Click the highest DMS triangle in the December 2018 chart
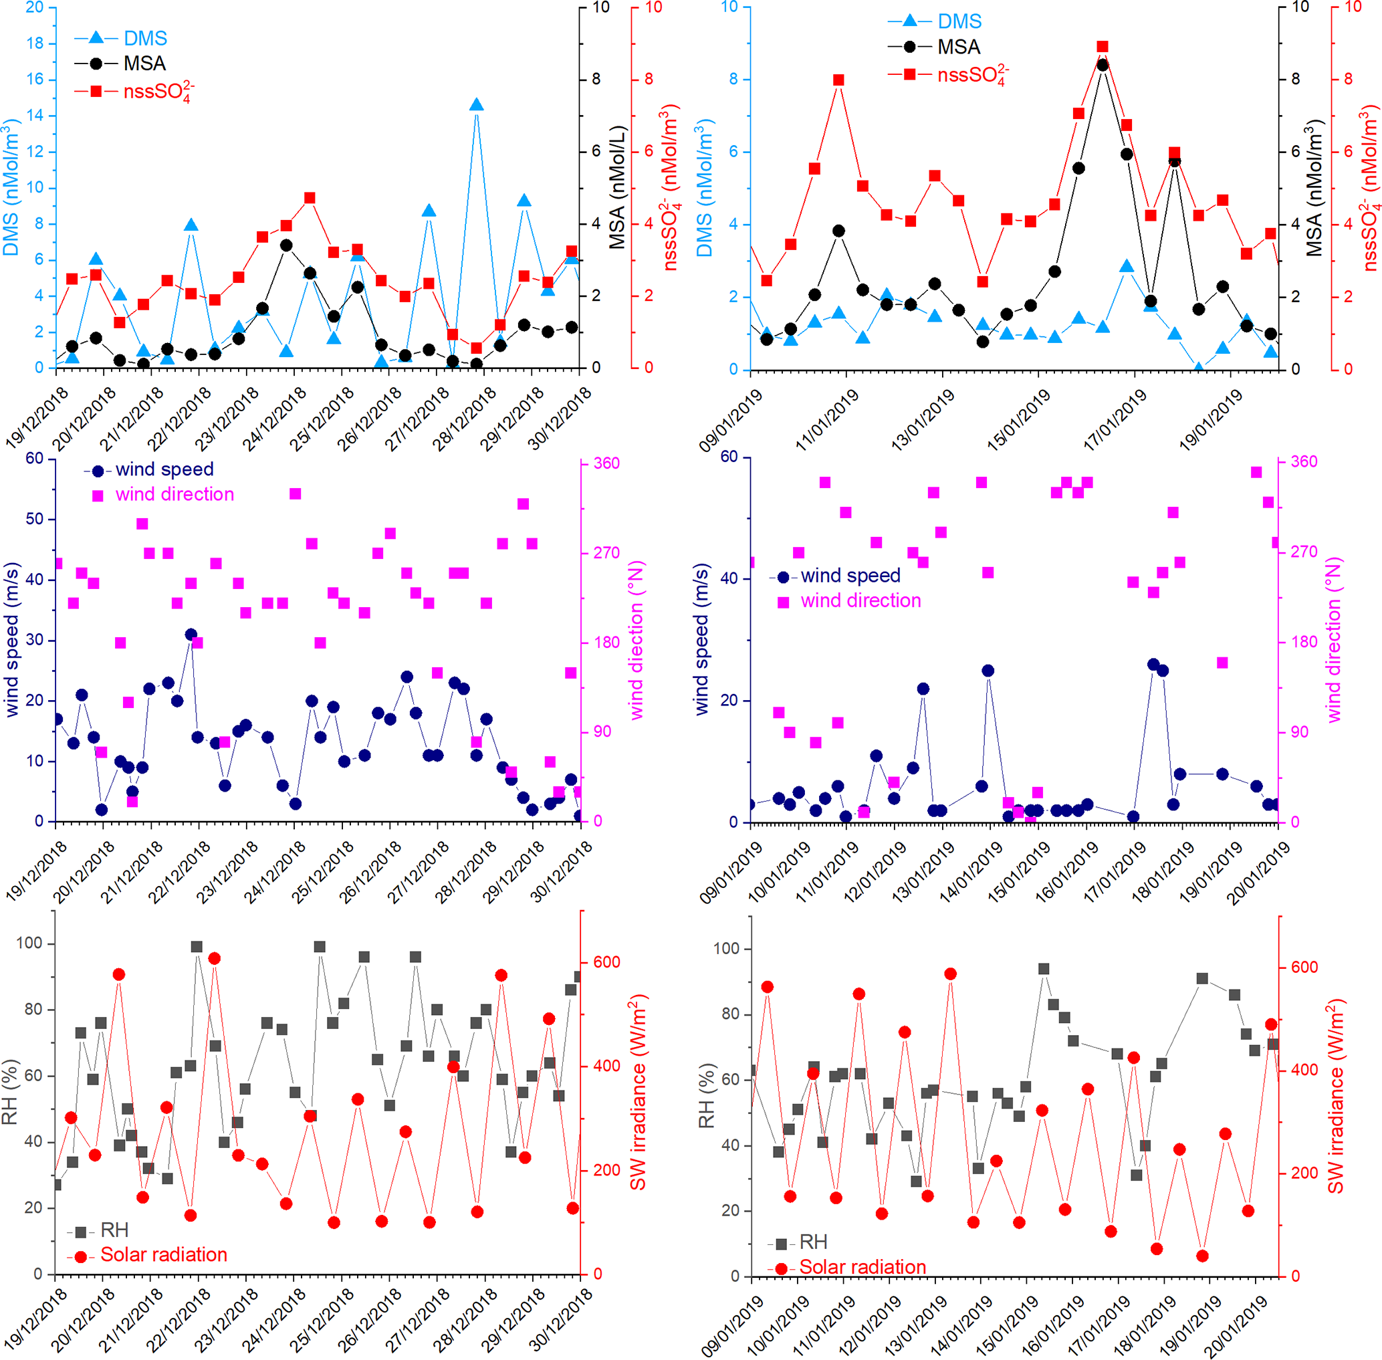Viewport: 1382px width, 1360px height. pos(477,105)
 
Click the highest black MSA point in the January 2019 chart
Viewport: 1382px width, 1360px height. pos(1103,65)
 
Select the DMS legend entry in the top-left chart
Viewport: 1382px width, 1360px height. pos(144,38)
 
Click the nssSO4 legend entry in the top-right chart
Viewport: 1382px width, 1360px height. pos(972,75)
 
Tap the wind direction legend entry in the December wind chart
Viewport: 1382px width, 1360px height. pos(175,494)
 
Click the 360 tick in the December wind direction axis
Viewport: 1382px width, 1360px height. pos(606,463)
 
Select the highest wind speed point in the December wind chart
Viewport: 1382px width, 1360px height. pos(191,635)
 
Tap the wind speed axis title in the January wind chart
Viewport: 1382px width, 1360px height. pos(701,639)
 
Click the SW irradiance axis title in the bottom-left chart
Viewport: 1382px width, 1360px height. pos(637,1092)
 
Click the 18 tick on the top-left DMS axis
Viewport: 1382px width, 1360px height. pos(34,43)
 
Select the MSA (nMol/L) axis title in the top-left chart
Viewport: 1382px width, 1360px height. pos(617,187)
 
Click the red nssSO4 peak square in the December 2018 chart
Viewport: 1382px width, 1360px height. pos(310,198)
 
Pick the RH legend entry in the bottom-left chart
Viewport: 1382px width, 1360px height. pos(114,1230)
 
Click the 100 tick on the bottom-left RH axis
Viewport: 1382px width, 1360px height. pos(29,943)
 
